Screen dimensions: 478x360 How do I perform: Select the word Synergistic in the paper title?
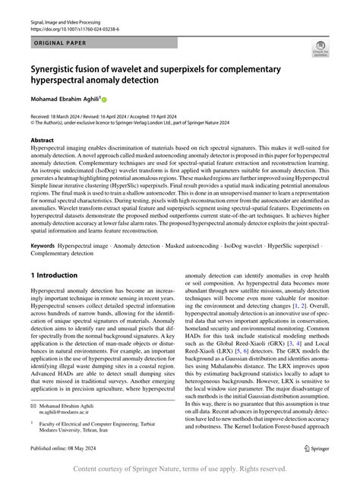point(58,68)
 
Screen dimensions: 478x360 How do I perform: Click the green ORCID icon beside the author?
point(105,98)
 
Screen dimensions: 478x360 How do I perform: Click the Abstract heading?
point(43,141)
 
